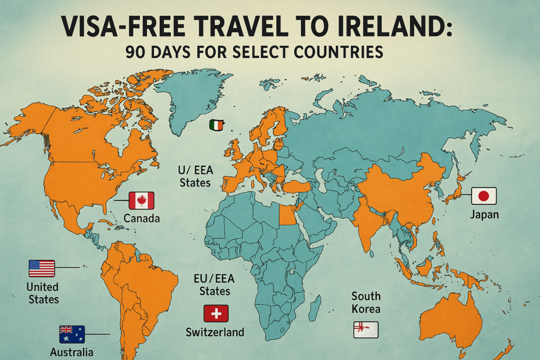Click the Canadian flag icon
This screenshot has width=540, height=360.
point(141,201)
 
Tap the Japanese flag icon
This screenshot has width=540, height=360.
point(484,197)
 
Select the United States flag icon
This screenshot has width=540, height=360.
point(42,269)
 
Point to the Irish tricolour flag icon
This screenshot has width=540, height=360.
point(217,125)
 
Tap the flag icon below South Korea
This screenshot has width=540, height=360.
point(366,329)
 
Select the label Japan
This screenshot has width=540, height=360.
point(485,215)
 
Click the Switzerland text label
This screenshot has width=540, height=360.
point(215,332)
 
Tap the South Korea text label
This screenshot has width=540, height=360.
point(366,303)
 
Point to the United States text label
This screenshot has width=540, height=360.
point(43,294)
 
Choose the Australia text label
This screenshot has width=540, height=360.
point(72,352)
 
